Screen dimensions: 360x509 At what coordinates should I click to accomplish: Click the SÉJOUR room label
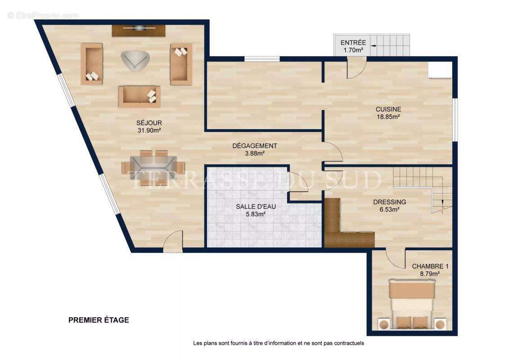pos(149,123)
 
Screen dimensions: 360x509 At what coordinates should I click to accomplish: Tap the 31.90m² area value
pos(149,130)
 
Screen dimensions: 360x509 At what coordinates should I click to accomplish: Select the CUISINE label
pos(388,109)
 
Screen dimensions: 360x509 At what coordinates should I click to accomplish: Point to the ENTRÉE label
pos(353,43)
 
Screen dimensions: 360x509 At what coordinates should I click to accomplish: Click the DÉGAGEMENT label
pos(254,146)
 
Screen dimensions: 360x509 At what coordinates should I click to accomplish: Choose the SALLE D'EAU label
pos(256,207)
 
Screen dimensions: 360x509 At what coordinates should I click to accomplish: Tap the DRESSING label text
pos(389,202)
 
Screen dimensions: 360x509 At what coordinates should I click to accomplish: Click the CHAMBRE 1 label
pos(430,266)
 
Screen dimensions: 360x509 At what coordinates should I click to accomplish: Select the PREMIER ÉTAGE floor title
pos(99,320)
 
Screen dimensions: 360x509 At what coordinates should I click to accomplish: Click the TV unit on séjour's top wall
pos(139,30)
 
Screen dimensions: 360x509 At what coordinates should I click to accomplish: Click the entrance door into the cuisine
pos(356,68)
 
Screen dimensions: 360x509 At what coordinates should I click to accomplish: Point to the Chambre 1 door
pos(395,258)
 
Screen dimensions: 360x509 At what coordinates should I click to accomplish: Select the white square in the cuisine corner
pos(440,70)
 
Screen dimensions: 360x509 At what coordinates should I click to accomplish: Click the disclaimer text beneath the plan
pos(278,343)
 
